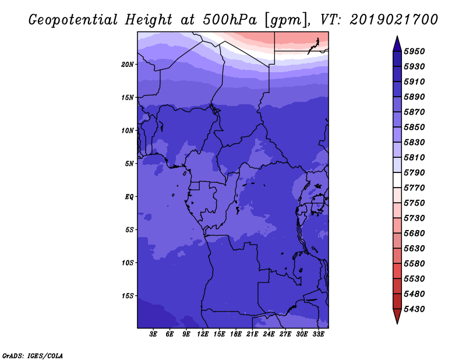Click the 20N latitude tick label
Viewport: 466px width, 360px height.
point(128,64)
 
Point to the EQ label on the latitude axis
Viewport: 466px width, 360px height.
point(129,197)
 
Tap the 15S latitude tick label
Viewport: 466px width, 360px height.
point(128,296)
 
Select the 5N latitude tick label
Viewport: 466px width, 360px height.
point(129,164)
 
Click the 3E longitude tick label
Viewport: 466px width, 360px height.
point(154,334)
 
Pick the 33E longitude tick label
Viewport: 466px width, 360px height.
point(318,334)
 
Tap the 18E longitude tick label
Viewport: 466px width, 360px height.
point(236,334)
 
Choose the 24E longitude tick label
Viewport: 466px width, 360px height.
point(269,334)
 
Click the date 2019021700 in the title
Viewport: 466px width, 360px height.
point(394,20)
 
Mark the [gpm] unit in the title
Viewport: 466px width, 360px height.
point(283,20)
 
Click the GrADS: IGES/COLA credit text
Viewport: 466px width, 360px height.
point(33,355)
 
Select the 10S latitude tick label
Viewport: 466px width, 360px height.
point(128,263)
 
